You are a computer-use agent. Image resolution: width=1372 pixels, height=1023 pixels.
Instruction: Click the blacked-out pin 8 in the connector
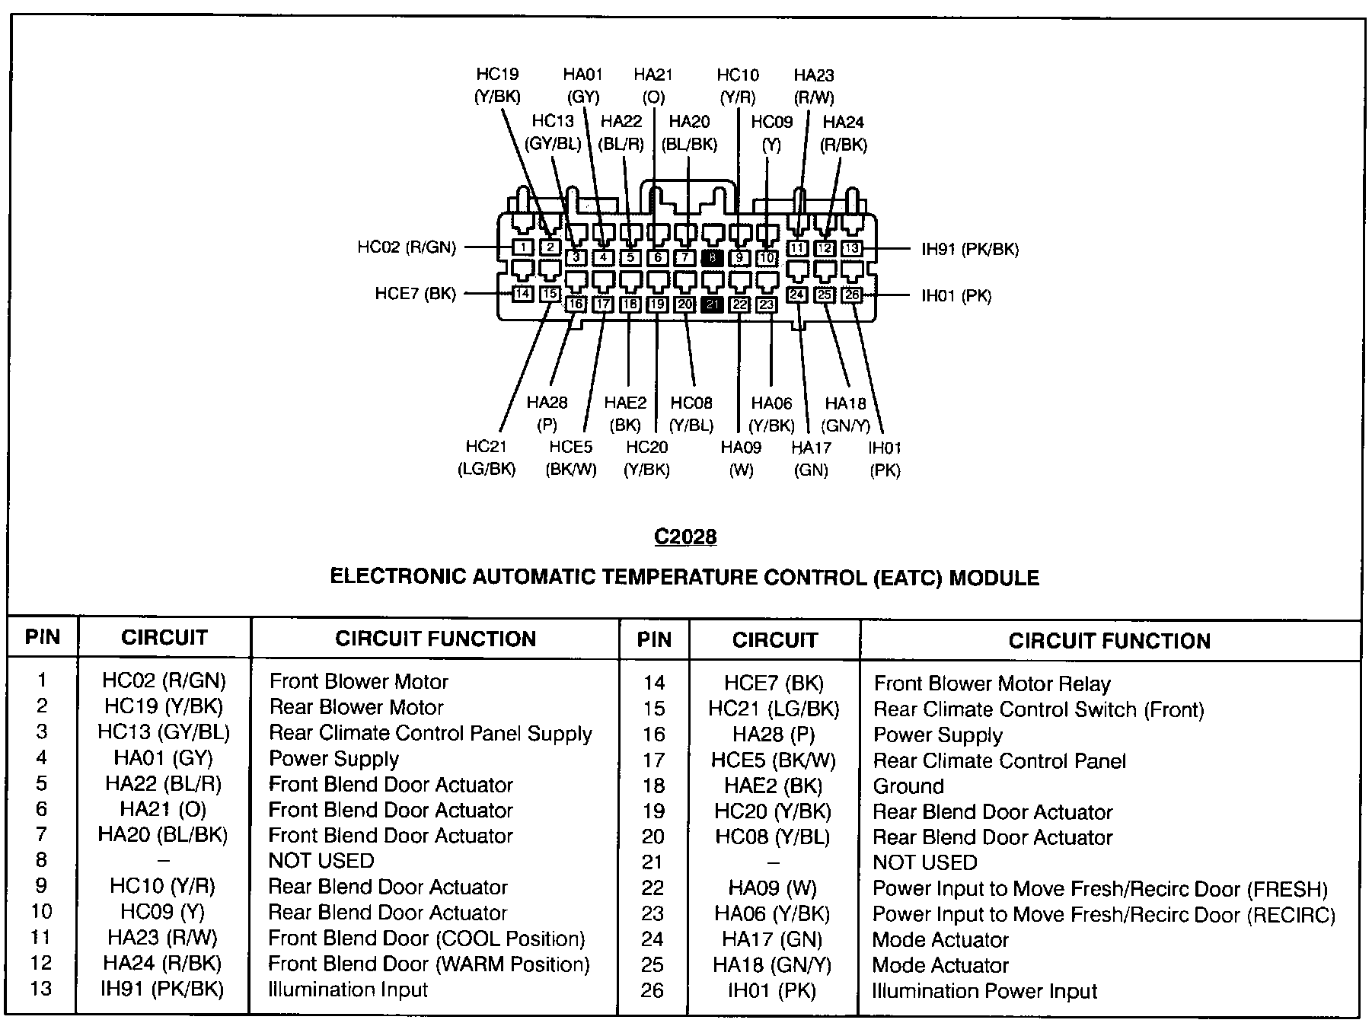(x=712, y=258)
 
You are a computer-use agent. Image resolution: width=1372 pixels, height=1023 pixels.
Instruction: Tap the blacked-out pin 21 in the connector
(x=712, y=304)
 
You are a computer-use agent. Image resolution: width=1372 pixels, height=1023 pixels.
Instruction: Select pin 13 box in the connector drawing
(x=852, y=248)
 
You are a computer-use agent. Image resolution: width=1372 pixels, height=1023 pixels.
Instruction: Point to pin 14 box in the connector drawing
(x=522, y=294)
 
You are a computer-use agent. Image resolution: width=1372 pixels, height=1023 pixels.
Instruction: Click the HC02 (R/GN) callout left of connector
(x=407, y=247)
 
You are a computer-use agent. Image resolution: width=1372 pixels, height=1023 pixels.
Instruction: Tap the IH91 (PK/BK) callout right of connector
(x=969, y=249)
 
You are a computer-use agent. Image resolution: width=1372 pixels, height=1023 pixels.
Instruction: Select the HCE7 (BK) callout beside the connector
(x=415, y=294)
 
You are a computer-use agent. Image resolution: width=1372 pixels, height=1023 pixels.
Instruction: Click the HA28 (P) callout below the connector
(x=547, y=413)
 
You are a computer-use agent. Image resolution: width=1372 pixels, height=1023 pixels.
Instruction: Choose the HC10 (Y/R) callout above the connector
(x=738, y=85)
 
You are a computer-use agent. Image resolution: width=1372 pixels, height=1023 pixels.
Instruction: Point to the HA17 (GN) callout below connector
(x=811, y=458)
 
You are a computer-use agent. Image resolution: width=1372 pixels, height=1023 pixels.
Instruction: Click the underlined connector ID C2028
(x=685, y=537)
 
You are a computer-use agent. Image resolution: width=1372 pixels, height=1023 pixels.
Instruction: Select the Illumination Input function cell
(x=348, y=990)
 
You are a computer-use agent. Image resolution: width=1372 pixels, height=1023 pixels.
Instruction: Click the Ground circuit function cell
(x=908, y=786)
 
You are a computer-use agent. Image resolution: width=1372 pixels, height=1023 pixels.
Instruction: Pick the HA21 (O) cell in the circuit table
(x=163, y=809)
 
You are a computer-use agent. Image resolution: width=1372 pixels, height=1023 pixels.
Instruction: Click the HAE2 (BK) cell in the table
(x=773, y=786)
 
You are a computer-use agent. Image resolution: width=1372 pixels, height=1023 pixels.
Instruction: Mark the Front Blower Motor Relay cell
(x=991, y=684)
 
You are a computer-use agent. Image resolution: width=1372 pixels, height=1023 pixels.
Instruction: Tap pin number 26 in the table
(x=652, y=990)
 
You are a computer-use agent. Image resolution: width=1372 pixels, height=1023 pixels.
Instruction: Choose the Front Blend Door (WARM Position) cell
(x=429, y=964)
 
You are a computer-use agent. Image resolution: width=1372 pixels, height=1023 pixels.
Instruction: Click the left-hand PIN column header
(x=43, y=637)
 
